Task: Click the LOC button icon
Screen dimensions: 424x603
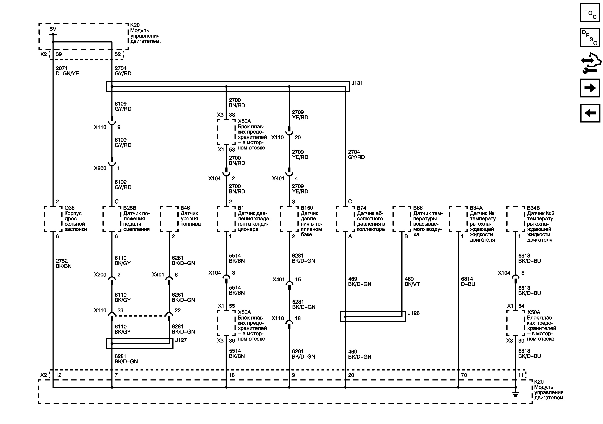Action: point(590,13)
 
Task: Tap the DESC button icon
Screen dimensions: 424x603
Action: point(590,38)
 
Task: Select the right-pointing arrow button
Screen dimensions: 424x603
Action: point(590,88)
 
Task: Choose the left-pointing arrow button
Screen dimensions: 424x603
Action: point(590,113)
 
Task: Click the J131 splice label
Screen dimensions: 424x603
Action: point(357,83)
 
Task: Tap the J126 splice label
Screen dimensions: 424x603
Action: point(413,313)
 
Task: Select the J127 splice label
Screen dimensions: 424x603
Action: point(181,340)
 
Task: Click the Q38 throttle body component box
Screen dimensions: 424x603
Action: point(53,219)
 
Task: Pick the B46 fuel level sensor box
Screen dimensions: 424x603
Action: point(169,219)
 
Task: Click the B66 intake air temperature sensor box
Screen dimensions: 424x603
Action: point(402,219)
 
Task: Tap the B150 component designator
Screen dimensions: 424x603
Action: point(307,208)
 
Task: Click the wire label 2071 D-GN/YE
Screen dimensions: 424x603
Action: point(67,71)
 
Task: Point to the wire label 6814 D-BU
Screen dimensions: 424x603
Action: point(468,281)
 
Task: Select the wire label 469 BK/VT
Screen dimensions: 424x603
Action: point(412,281)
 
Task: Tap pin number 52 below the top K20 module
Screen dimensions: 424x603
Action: point(118,54)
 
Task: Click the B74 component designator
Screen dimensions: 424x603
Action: point(361,208)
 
